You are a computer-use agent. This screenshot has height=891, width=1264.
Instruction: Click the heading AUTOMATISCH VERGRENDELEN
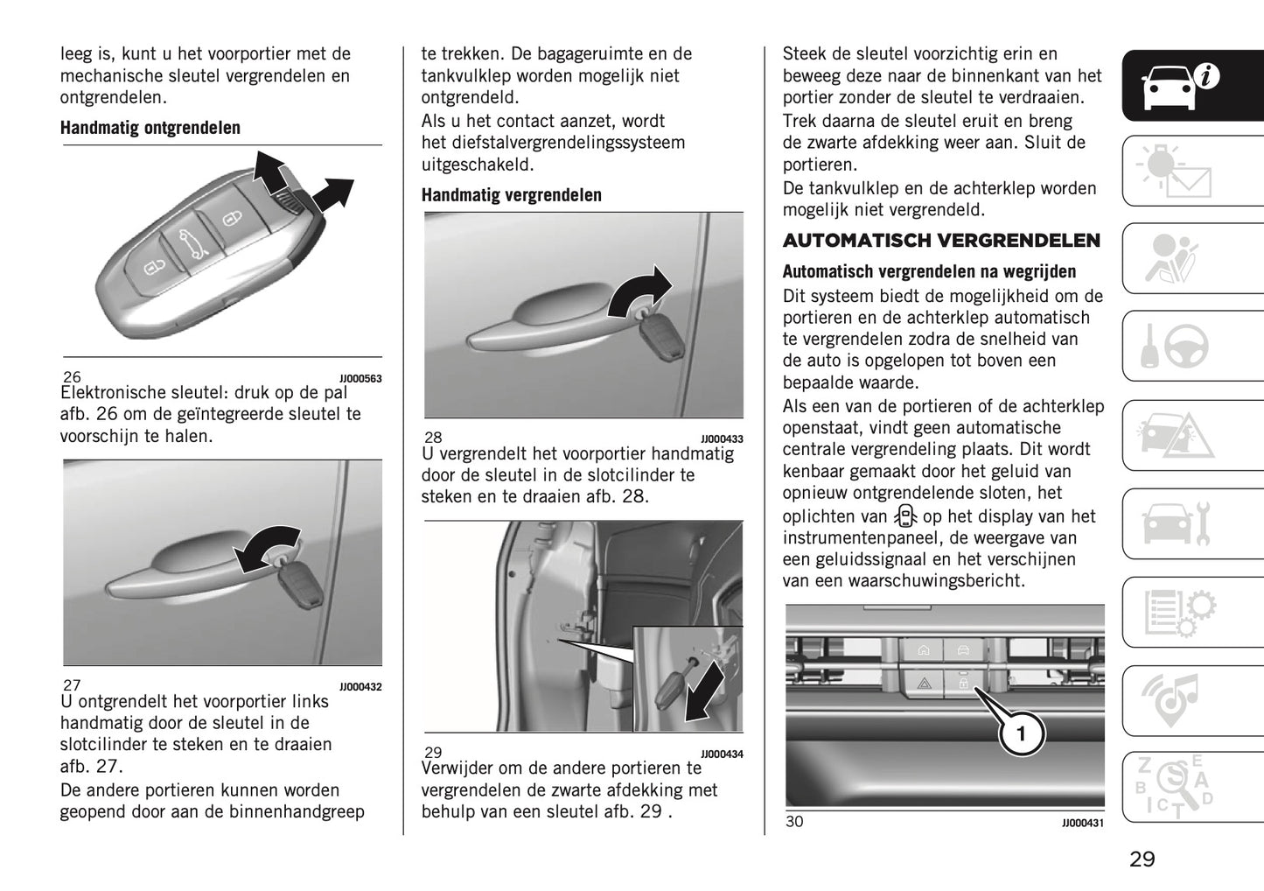pos(941,241)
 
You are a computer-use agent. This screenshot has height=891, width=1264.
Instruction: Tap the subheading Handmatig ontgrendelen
pos(150,128)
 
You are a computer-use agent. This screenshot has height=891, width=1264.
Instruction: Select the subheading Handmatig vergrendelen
pos(511,195)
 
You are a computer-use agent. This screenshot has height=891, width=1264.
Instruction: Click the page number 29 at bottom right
pos(1142,859)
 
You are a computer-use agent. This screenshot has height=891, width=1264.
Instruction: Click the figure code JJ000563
pos(360,379)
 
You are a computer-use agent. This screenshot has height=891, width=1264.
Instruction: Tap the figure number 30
pos(793,821)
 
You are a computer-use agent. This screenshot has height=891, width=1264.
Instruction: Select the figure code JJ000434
pos(722,754)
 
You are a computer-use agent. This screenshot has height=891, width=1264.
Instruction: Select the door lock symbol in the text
pos(905,516)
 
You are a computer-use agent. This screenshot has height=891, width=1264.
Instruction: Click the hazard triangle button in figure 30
pos(923,683)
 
